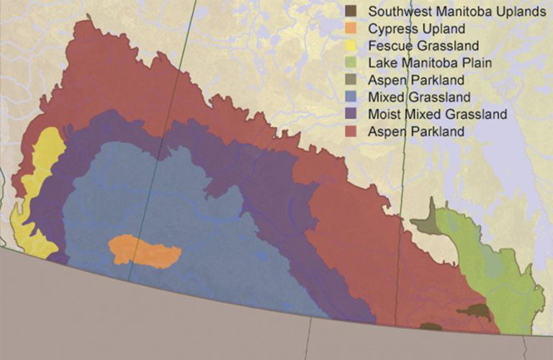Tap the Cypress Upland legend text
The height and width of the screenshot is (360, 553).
415,29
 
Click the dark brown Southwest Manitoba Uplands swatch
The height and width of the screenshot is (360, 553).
352,12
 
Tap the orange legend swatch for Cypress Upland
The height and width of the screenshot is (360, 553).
352,29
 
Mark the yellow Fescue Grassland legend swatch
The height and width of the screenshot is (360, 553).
352,46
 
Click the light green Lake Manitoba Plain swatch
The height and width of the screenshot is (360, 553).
352,63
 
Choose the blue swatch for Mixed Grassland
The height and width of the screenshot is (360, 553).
352,97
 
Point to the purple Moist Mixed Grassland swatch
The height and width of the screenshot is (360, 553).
352,114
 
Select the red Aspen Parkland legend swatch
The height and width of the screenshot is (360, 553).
352,131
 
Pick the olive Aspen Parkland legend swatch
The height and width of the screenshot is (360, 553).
352,81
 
